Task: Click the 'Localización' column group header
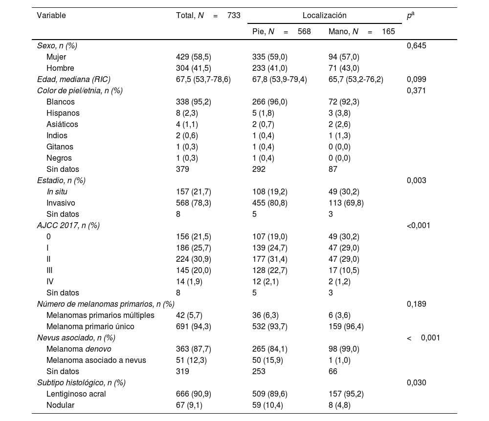(324, 16)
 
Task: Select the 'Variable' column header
(51, 16)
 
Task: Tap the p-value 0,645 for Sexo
(416, 46)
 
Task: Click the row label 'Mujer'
(56, 57)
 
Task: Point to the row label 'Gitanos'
(60, 147)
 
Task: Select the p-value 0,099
(416, 80)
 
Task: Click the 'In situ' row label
(57, 192)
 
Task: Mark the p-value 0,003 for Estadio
(416, 181)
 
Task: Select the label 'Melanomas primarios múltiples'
(100, 316)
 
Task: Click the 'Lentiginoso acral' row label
(76, 394)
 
